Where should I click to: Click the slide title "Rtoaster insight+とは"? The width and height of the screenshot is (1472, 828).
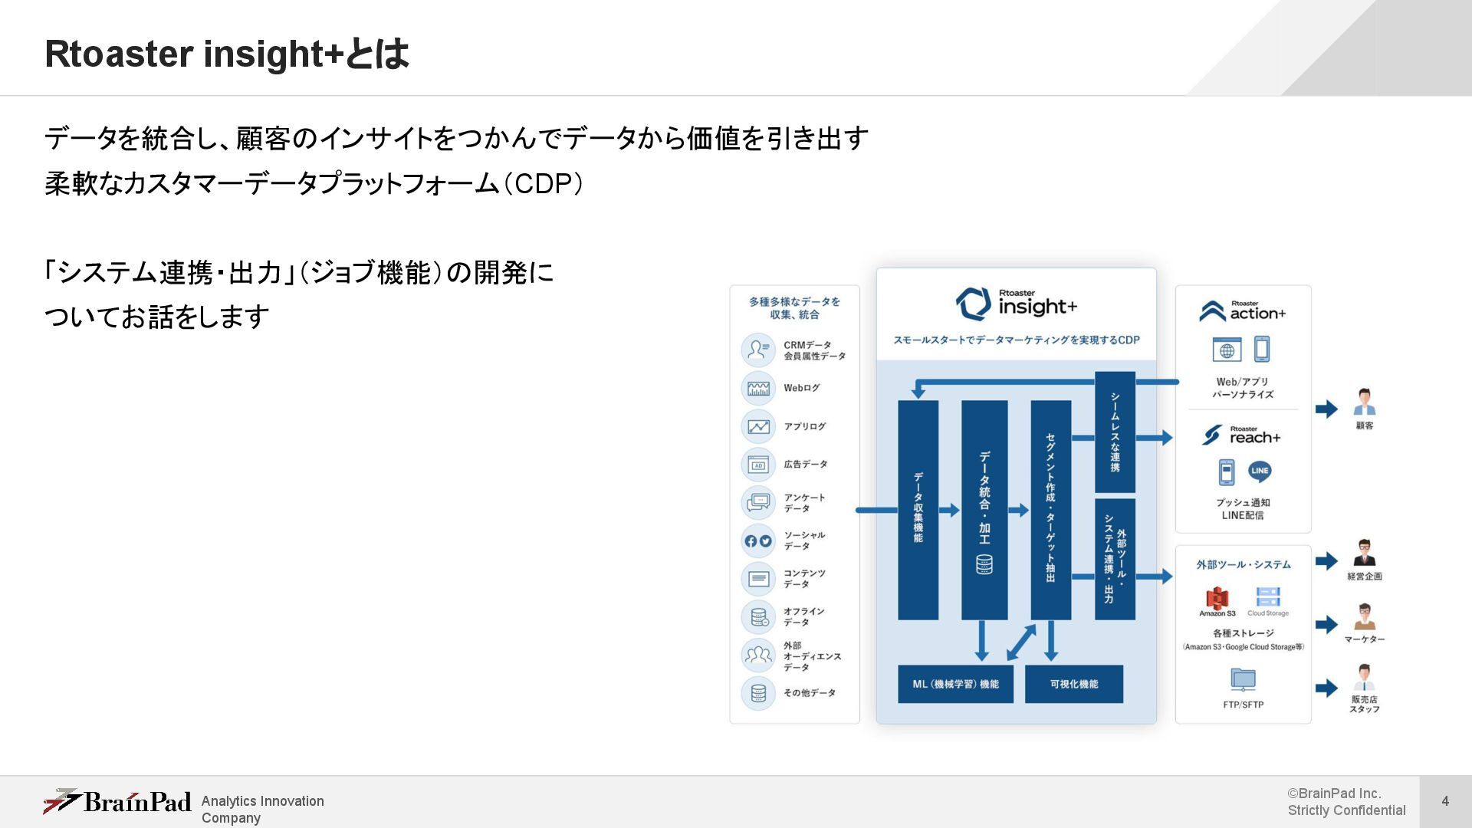(x=227, y=54)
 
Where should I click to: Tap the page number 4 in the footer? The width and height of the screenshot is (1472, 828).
(x=1445, y=801)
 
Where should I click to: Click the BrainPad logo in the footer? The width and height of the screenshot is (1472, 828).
(x=117, y=802)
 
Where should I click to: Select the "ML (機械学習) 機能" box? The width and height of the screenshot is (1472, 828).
(x=955, y=684)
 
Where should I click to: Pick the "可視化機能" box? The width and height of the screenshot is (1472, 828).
(x=1073, y=684)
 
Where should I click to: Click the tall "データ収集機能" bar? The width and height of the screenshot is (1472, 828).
(x=918, y=509)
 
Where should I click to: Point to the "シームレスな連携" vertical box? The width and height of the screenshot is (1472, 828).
(x=1115, y=432)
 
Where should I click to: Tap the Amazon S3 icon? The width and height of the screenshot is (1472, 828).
(x=1217, y=598)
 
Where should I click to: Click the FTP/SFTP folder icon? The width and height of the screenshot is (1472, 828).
(x=1243, y=679)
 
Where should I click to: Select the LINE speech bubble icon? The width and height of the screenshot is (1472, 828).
(x=1260, y=471)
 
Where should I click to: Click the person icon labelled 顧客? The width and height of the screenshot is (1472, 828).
(x=1365, y=402)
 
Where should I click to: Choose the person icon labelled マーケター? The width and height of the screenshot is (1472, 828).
(x=1365, y=616)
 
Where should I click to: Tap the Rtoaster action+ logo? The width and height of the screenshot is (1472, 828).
(x=1243, y=310)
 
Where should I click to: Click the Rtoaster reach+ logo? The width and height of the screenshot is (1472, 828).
(x=1241, y=435)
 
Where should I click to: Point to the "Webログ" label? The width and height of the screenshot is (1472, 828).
(x=801, y=388)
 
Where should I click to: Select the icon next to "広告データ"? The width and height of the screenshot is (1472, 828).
(x=758, y=465)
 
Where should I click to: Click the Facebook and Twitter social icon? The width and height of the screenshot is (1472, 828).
(x=758, y=540)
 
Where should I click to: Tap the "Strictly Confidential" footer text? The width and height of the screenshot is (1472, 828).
(x=1346, y=810)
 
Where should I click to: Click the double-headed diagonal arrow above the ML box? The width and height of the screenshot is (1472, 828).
(x=1021, y=642)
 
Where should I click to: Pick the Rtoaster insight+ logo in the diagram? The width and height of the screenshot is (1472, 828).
(x=1016, y=304)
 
